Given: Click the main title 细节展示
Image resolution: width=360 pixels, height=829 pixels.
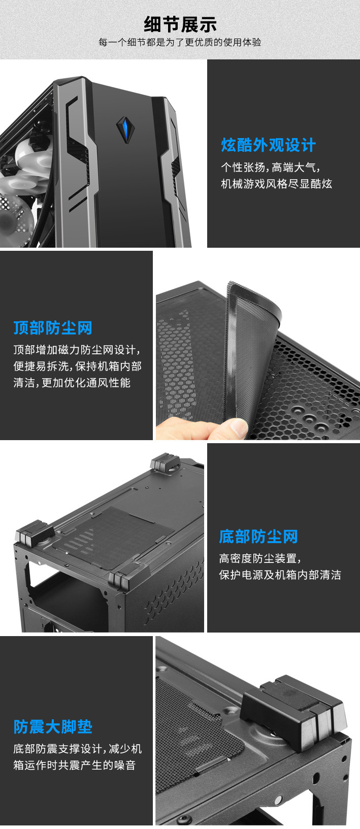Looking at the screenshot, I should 180,24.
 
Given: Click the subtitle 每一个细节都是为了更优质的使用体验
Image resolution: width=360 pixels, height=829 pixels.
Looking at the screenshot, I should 180,43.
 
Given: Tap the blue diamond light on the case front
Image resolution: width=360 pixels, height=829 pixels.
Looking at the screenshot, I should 123,128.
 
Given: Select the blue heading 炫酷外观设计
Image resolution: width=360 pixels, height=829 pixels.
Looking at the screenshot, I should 268,145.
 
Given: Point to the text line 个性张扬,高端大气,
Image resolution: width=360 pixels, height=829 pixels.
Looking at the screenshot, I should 270,167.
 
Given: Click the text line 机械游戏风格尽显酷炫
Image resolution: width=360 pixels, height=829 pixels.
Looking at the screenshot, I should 276,184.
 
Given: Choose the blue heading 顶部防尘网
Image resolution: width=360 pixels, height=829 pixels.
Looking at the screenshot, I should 53,327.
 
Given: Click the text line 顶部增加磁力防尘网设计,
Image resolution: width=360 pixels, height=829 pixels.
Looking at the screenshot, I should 77,350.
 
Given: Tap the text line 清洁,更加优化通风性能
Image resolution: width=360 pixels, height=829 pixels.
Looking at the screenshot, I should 72,383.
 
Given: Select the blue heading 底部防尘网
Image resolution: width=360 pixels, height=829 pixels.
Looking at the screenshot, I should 258,536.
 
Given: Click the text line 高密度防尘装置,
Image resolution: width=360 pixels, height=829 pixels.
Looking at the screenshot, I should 260,558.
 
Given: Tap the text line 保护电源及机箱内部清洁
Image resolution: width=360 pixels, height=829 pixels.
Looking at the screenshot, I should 280,575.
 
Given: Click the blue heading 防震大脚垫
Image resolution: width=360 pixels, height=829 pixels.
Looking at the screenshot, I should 53,726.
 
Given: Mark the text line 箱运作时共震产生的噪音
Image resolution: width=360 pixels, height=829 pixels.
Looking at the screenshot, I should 75,765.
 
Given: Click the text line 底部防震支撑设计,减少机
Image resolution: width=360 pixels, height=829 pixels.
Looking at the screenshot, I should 77,749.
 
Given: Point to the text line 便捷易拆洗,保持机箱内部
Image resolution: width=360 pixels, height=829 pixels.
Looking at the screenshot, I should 77,366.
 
